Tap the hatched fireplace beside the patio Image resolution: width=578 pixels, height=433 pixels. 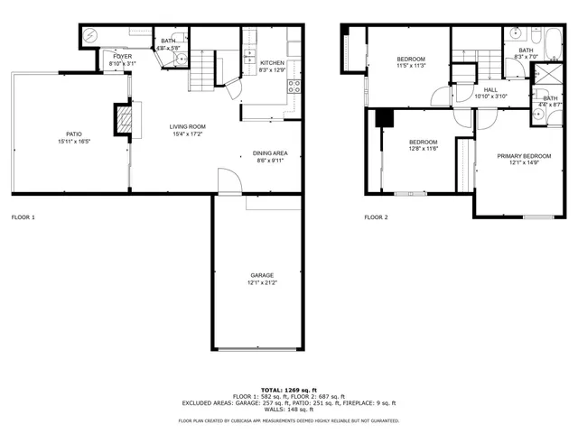click(123, 118)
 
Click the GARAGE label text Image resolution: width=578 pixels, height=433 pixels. click(262, 275)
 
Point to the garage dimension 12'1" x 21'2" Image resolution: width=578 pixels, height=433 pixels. click(262, 283)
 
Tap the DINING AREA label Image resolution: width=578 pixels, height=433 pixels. click(271, 154)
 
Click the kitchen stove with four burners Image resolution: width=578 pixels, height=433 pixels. click(294, 88)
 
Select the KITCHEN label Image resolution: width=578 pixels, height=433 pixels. click(272, 62)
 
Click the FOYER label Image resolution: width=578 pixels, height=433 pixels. click(122, 57)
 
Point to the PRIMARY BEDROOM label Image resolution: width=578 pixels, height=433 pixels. click(523, 155)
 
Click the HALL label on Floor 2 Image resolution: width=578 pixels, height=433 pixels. click(490, 89)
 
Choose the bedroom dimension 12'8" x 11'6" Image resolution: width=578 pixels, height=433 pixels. click(423, 149)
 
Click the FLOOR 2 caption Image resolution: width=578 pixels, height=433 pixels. click(376, 217)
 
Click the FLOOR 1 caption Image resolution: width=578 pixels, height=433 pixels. click(23, 217)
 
